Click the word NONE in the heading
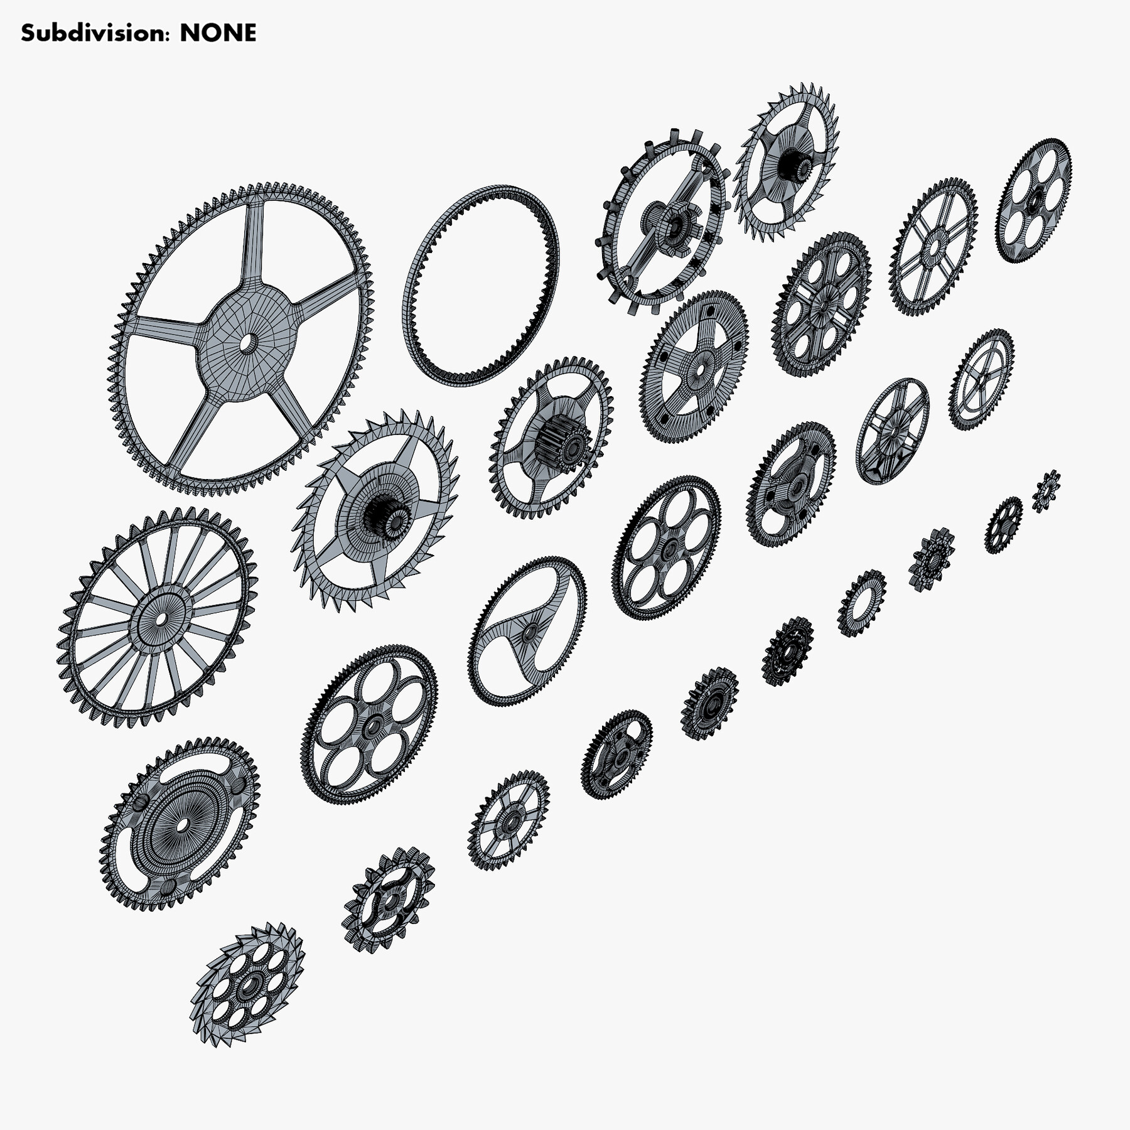(218, 33)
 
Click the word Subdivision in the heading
(94, 33)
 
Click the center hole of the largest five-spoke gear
(249, 343)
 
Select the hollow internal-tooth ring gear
(480, 286)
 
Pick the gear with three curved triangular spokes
(528, 631)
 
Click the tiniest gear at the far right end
(1046, 491)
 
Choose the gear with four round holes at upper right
(1034, 200)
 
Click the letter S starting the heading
(28, 33)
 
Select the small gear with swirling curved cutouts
(389, 900)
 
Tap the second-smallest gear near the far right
(1003, 525)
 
